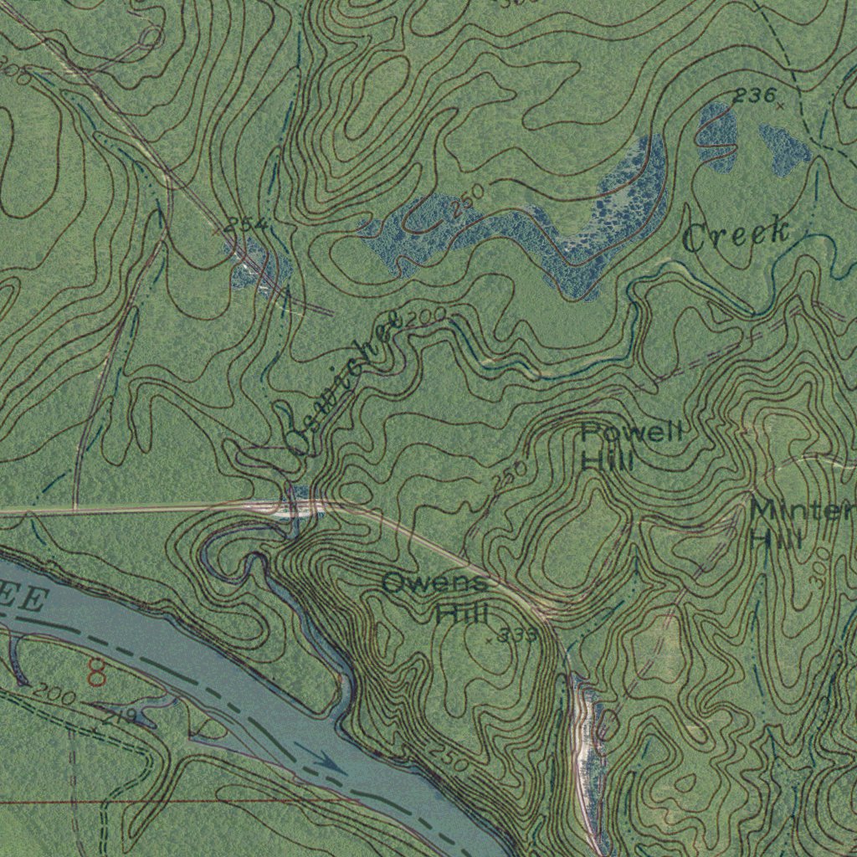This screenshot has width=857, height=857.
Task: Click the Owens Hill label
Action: tap(435, 598)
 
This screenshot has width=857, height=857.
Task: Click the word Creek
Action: tap(736, 234)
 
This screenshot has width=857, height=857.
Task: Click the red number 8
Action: tap(97, 670)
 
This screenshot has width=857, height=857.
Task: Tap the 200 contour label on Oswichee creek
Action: tap(428, 317)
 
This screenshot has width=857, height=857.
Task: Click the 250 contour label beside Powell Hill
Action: tap(510, 475)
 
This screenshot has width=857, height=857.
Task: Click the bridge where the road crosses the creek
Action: tap(293, 505)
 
